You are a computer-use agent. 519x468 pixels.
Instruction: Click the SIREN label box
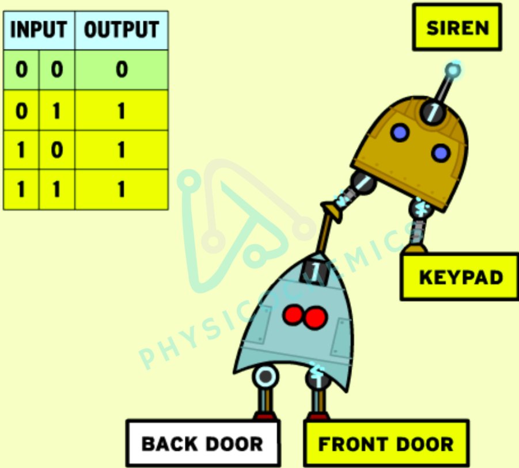tap(457, 27)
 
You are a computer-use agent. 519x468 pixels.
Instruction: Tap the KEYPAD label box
tap(460, 277)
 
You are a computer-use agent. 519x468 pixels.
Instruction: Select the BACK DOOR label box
tap(203, 443)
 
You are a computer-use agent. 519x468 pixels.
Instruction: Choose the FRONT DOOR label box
tap(386, 443)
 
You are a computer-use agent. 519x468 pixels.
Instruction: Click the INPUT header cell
tap(39, 30)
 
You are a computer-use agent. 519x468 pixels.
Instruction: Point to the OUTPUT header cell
tap(122, 30)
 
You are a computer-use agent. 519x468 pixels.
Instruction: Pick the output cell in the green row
tap(122, 70)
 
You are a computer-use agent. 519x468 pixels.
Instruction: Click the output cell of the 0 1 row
tap(122, 110)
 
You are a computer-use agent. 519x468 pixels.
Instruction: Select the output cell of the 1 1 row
tap(122, 189)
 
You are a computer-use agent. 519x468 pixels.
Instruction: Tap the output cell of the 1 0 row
tap(122, 150)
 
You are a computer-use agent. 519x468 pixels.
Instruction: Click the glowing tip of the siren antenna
tap(453, 71)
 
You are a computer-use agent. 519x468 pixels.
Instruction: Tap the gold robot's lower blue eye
tap(441, 153)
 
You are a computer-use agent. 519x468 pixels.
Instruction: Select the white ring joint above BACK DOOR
tap(265, 377)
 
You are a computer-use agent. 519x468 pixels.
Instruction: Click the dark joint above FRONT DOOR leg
tap(317, 377)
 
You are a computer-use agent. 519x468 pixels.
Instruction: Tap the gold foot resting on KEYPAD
tap(416, 249)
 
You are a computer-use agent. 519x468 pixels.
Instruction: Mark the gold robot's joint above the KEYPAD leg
tap(422, 208)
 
